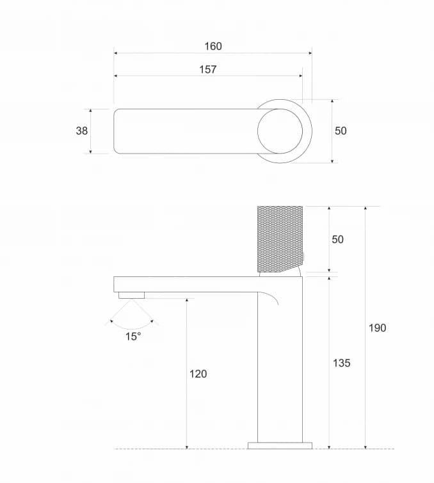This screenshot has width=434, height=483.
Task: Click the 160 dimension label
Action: (213, 46)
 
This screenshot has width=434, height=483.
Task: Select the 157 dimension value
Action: (208, 69)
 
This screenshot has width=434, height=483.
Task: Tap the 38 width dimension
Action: (82, 131)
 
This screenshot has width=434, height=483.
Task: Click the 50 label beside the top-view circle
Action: (341, 131)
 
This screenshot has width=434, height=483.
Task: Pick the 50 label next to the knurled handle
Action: (337, 239)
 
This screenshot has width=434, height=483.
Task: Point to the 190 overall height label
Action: (378, 328)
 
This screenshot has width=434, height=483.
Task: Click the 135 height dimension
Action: (342, 363)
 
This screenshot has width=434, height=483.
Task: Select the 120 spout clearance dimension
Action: (198, 374)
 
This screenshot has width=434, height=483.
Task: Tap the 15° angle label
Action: (133, 337)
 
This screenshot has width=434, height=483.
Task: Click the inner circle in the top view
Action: (280, 131)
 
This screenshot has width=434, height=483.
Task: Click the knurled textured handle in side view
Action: (279, 237)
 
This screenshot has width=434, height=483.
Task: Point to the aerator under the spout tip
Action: (132, 295)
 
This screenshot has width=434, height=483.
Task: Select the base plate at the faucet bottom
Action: (280, 445)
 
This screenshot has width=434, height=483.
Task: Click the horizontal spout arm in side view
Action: (186, 284)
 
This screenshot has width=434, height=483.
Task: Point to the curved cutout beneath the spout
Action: (271, 298)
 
